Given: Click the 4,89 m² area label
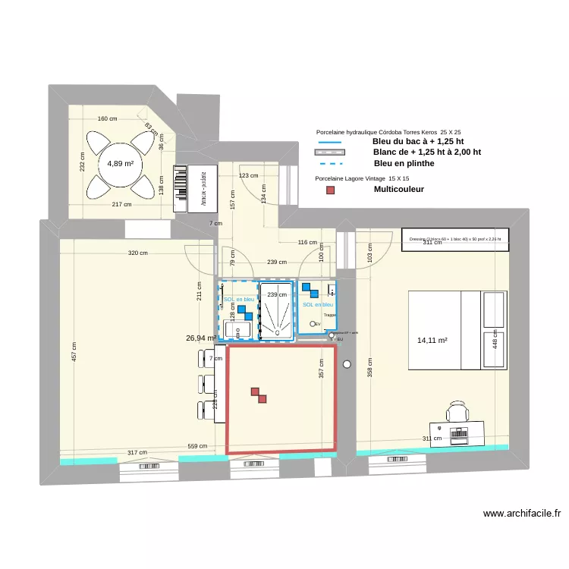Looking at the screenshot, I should tap(120, 163).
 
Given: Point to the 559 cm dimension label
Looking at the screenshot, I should tap(197, 446).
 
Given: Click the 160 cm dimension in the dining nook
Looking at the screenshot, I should tap(108, 118).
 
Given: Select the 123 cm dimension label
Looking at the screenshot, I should tap(248, 175).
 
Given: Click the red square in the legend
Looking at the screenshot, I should tap(329, 190).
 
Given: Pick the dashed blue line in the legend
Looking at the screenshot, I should tap(330, 163).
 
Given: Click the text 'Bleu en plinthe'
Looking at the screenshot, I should tap(404, 163).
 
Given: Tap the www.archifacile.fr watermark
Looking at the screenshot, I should tap(522, 514).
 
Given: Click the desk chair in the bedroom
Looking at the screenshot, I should tap(457, 411).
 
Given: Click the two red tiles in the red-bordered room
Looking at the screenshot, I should tap(259, 395).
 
